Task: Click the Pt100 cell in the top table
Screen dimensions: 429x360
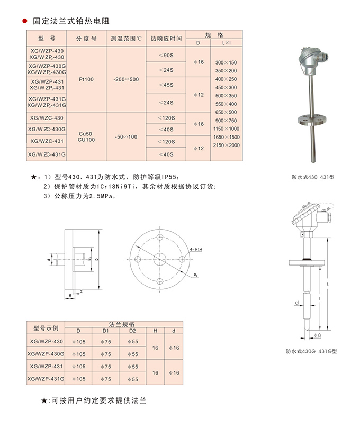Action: pyautogui.click(x=86, y=79)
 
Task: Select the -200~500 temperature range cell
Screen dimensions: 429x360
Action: pyautogui.click(x=126, y=79)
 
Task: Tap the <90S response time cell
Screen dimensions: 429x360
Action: pyautogui.click(x=166, y=55)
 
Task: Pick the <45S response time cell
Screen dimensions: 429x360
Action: pyautogui.click(x=166, y=85)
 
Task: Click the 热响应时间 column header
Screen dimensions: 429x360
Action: pyautogui.click(x=166, y=39)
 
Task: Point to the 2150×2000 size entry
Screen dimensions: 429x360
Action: pyautogui.click(x=226, y=145)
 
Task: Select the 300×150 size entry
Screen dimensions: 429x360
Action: pyautogui.click(x=226, y=62)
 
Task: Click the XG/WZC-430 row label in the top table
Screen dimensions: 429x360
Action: pyautogui.click(x=47, y=117)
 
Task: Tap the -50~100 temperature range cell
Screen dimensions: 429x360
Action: pyautogui.click(x=125, y=136)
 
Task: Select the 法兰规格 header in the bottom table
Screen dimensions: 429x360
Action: pyautogui.click(x=122, y=323)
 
